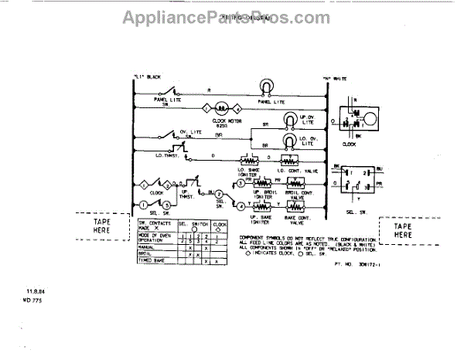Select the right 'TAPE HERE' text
point(402,229)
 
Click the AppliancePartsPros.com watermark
point(231,16)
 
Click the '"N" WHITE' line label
point(335,79)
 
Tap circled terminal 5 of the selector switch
point(165,205)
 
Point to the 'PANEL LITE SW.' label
point(164,102)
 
